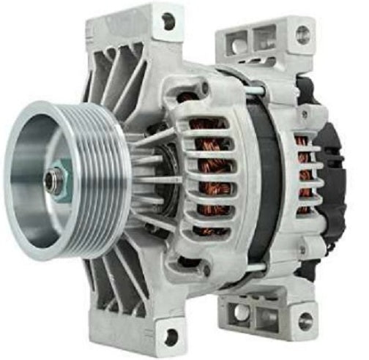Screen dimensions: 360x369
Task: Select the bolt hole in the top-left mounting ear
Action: [x=169, y=21]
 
